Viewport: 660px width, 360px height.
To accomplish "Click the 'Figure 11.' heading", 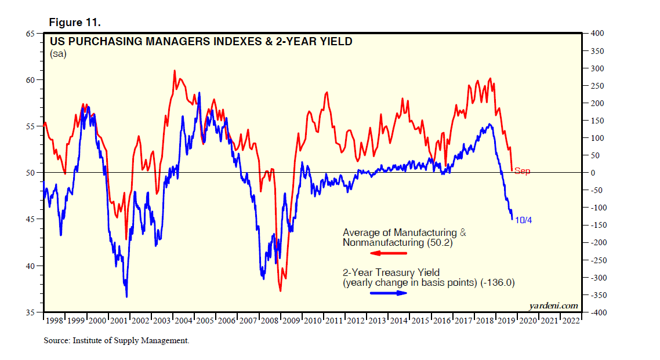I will coord(75,23).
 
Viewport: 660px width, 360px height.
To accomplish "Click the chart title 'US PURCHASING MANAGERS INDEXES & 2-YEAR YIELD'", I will coord(201,42).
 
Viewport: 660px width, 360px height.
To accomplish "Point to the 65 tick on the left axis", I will coord(32,33).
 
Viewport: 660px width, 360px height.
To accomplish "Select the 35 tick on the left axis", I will coord(32,312).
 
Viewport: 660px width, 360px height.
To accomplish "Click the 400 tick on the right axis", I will coord(597,33).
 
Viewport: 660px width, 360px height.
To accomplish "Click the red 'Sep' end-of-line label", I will coord(522,171).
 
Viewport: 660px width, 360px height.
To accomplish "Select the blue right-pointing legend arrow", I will coord(389,293).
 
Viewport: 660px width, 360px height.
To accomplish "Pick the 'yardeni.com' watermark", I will coord(553,305).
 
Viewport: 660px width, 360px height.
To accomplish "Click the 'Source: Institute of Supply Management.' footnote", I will coord(116,340).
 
